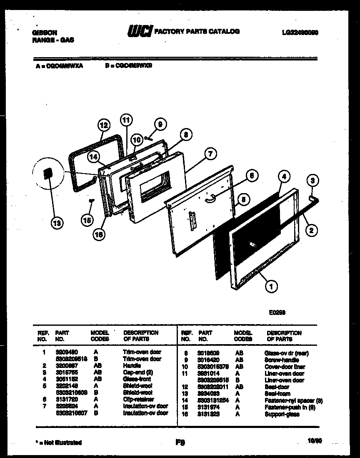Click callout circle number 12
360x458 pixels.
point(104,125)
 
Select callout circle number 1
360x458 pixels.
point(271,286)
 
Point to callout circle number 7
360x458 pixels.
point(210,154)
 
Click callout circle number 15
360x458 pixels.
point(87,219)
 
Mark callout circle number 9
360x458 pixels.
point(160,124)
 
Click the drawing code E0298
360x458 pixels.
point(277,312)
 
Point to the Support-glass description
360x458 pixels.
point(282,414)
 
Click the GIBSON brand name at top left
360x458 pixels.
point(45,33)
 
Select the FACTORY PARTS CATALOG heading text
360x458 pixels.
point(197,31)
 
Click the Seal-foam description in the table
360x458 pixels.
point(277,394)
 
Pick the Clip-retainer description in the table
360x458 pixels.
point(138,399)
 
